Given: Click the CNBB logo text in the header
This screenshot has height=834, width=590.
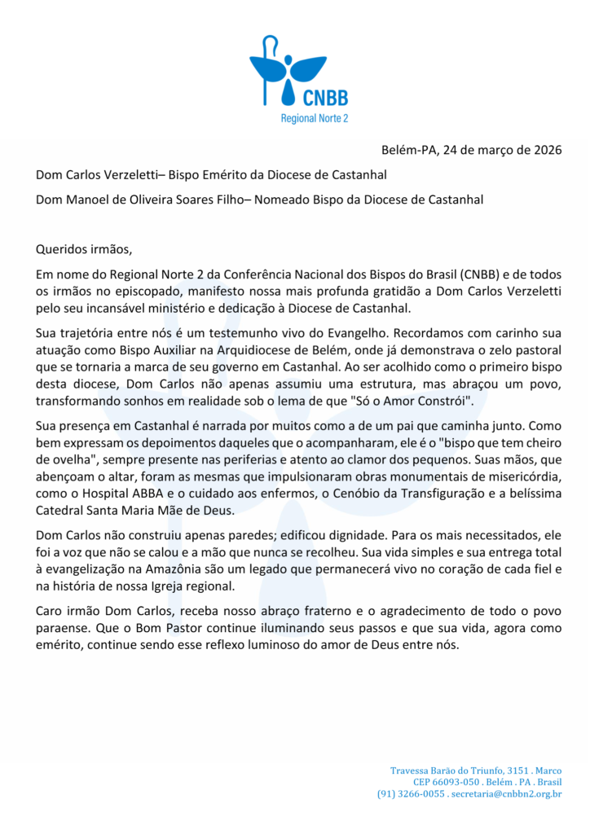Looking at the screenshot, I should (325, 99).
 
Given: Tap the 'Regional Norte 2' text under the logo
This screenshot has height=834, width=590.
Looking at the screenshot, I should (314, 119).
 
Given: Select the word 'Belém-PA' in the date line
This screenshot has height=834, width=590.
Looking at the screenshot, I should (410, 150).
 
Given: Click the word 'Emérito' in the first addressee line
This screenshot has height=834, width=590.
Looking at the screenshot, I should (240, 174).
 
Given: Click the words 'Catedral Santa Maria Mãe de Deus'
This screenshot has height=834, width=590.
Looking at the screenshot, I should (139, 511).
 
